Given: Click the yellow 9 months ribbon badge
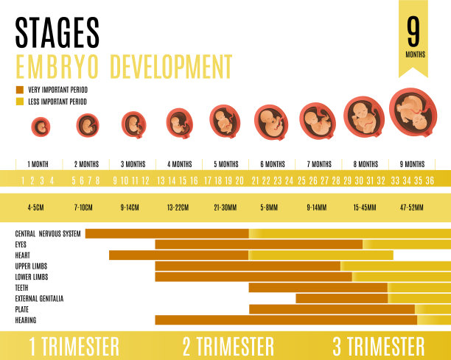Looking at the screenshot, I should tap(414, 35).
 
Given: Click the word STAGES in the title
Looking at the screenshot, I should tap(57, 32).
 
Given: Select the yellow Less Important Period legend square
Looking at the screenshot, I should tap(19, 102).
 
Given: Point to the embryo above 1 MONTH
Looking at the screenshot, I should tap(41, 127).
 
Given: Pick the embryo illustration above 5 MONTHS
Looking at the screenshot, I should tap(225, 121).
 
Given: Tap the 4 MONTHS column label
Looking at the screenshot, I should tap(179, 164).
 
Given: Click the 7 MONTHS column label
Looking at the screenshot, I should tap(319, 164).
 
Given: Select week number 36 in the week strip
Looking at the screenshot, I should tap(430, 180).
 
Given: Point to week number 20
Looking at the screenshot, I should tap(240, 180).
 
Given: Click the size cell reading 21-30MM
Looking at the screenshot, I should tap(225, 208).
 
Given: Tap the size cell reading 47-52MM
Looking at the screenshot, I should tap(411, 208).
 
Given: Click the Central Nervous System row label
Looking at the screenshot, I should tap(48, 234).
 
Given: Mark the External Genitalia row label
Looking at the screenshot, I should tap(39, 299).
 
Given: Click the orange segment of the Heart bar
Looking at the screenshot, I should tap(178, 255).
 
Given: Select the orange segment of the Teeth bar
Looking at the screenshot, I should tap(318, 288).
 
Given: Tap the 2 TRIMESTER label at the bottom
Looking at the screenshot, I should tap(228, 346).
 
